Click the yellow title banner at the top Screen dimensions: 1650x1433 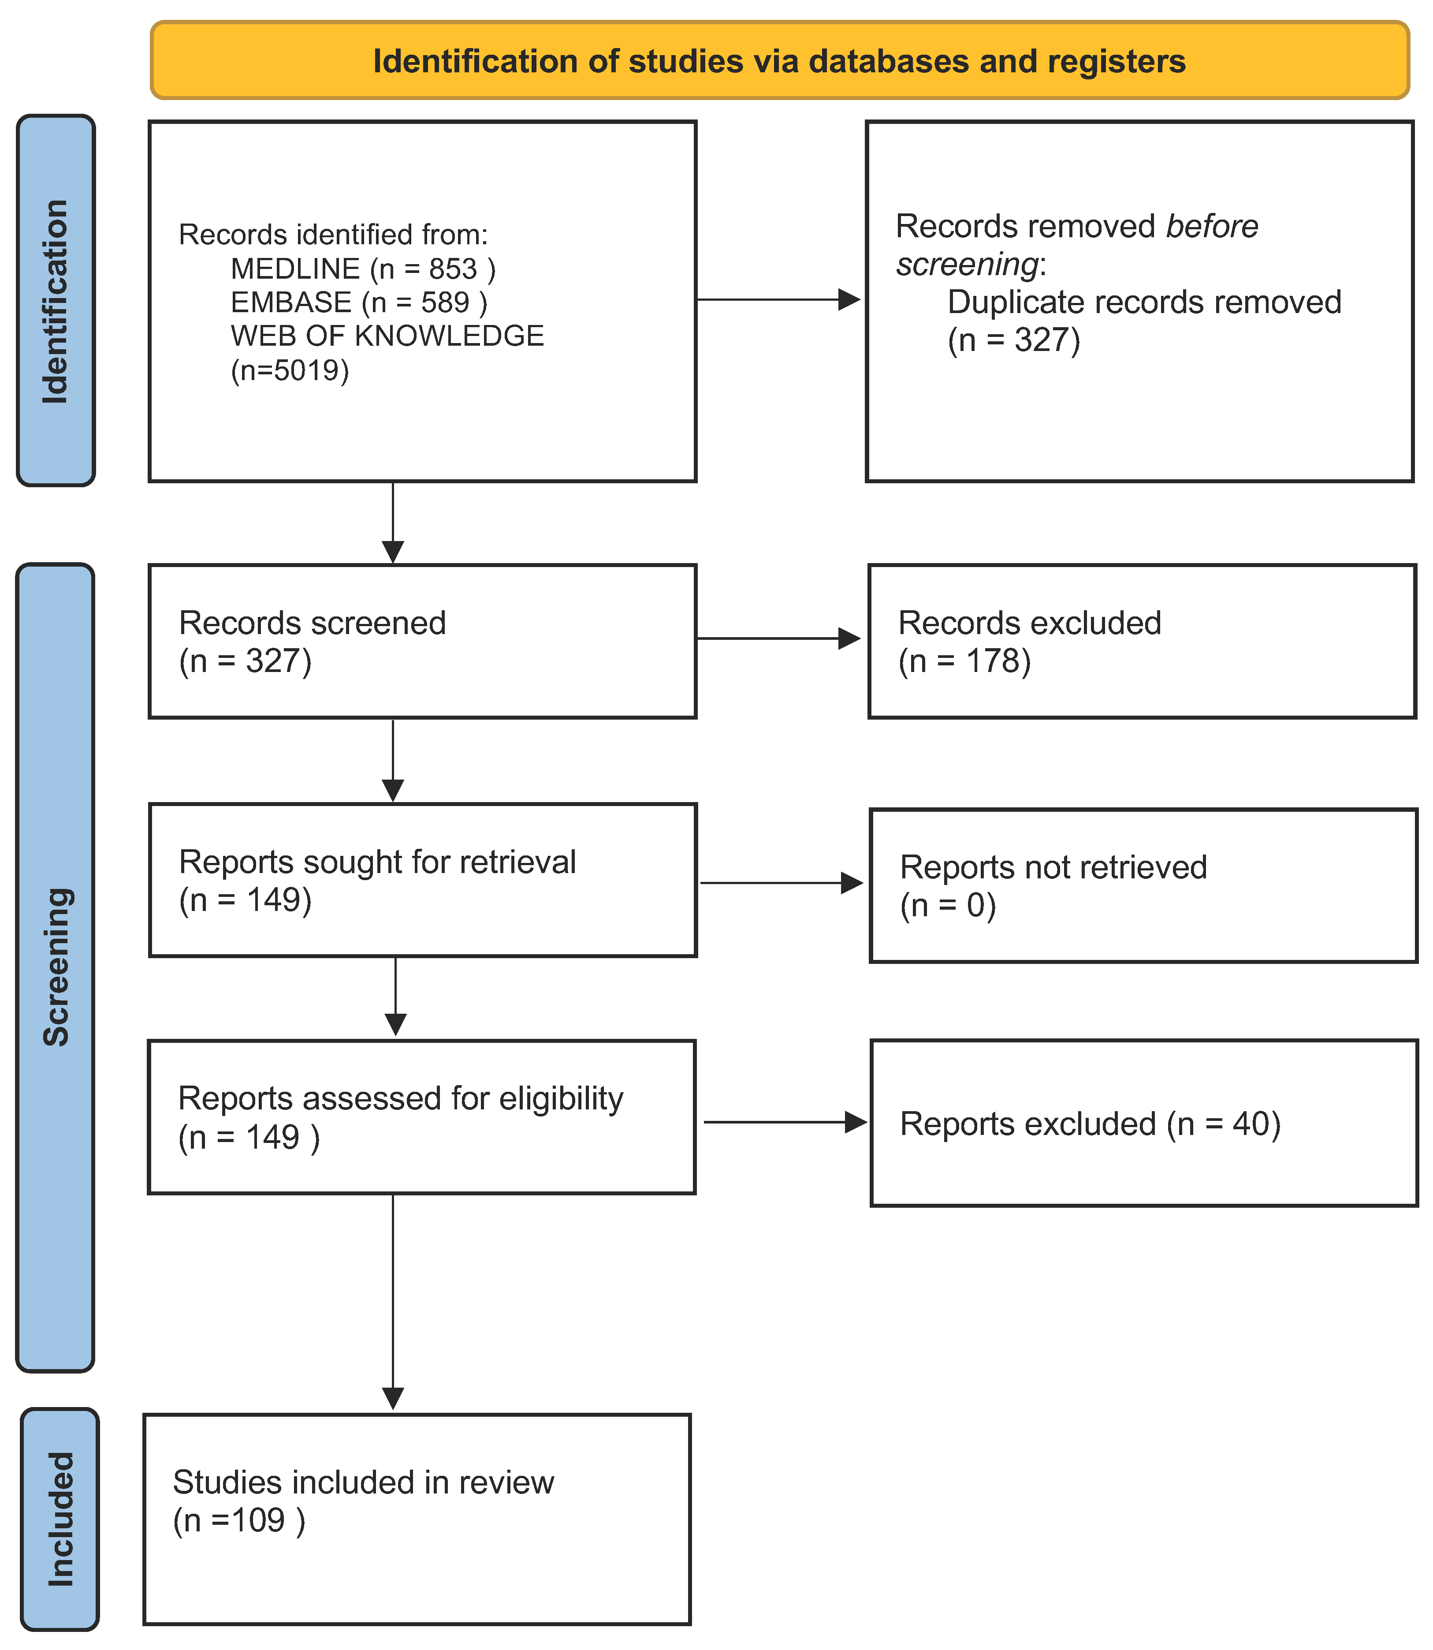pos(780,61)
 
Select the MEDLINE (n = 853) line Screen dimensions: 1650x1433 pos(363,269)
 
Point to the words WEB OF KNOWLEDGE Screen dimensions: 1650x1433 pos(387,336)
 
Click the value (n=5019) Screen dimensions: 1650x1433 pos(290,370)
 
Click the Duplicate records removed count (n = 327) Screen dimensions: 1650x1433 pos(1014,341)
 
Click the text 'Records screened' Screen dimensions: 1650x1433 pos(312,623)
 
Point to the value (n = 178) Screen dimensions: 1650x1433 pos(964,661)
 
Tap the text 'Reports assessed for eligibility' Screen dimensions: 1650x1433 pos(400,1099)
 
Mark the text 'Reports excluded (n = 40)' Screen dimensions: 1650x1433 pos(1090,1124)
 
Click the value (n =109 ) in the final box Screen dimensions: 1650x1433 pos(239,1520)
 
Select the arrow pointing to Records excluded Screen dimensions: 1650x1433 pos(778,638)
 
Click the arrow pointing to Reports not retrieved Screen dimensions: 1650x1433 pos(781,883)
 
